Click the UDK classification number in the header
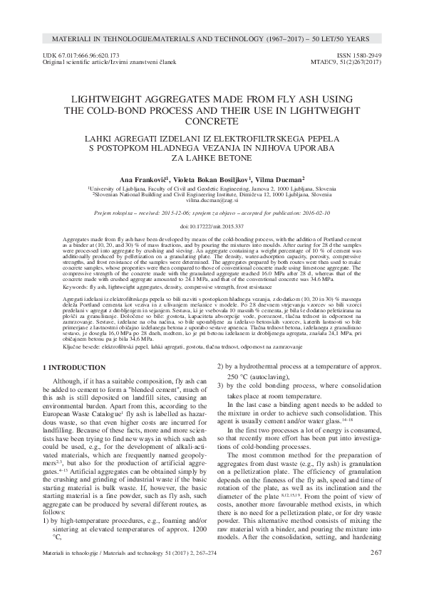80,55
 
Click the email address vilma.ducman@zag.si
212,201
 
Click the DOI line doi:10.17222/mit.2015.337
212,225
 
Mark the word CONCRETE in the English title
212,122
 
